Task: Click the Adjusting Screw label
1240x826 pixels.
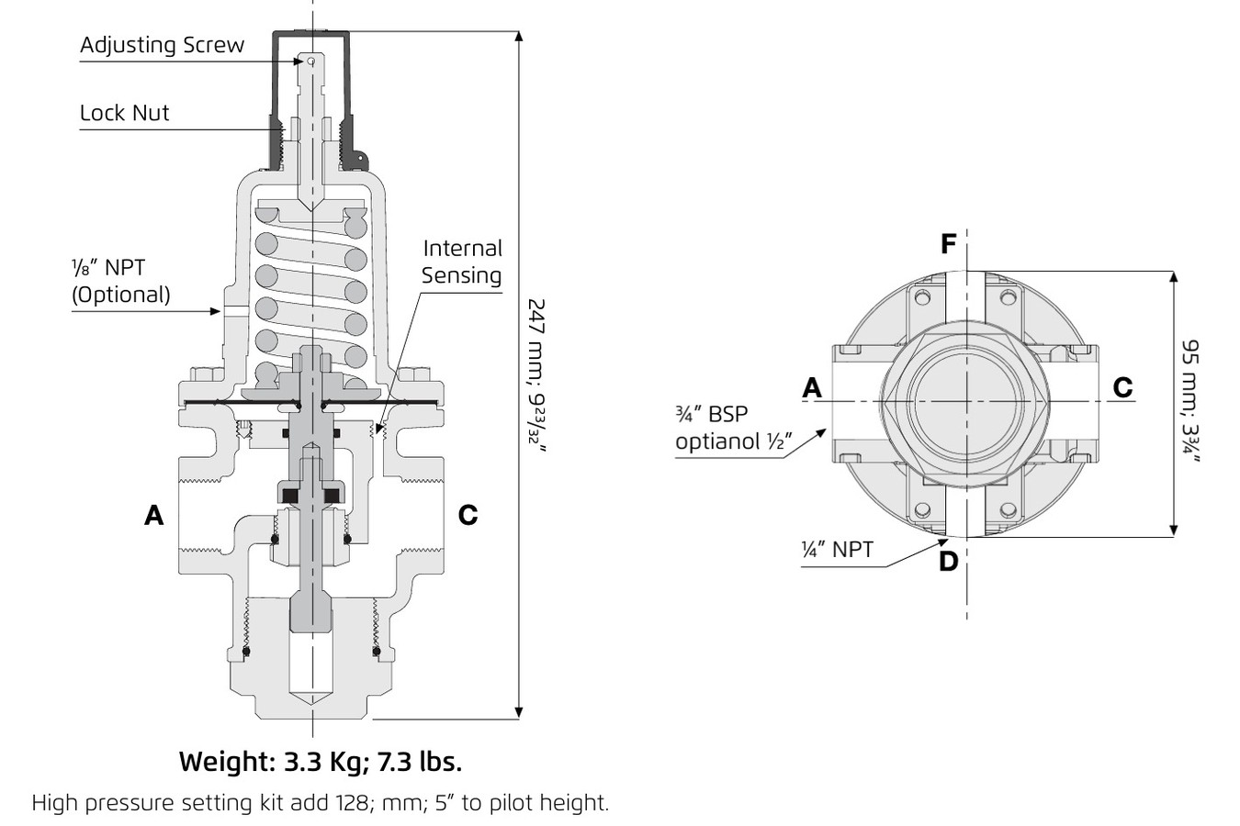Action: coord(162,45)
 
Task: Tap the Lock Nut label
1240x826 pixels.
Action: coord(124,113)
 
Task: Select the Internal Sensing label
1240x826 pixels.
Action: coord(461,262)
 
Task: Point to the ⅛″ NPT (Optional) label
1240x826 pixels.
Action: coord(120,281)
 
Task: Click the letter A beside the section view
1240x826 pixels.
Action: coord(154,516)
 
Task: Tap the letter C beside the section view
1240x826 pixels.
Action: coord(468,516)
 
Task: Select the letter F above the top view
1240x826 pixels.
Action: coord(949,244)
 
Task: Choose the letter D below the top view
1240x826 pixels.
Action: coord(949,560)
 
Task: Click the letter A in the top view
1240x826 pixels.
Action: coord(812,388)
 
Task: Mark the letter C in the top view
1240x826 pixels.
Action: coord(1122,388)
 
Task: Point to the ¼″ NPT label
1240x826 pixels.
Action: coord(837,550)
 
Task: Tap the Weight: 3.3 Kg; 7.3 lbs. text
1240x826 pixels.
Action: coord(321,761)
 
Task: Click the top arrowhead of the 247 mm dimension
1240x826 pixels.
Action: coord(520,38)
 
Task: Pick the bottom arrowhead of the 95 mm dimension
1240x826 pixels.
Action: coord(1174,530)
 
